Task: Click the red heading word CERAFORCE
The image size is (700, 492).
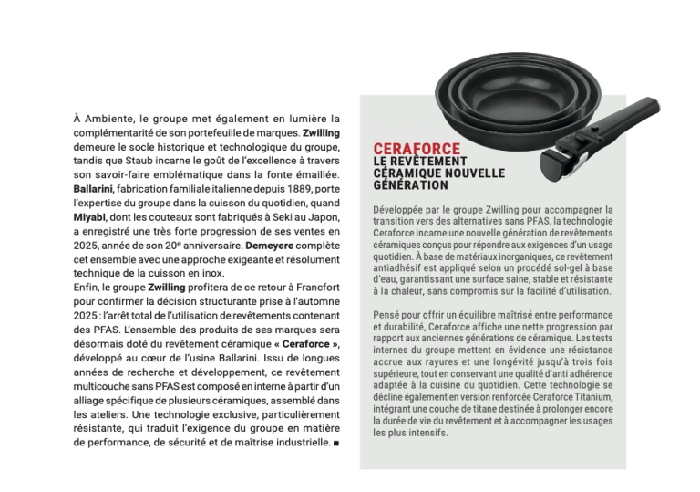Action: point(417,149)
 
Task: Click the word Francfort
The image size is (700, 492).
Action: point(309,286)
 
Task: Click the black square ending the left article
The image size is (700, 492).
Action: point(337,443)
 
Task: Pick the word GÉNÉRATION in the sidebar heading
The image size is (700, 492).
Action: point(412,185)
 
